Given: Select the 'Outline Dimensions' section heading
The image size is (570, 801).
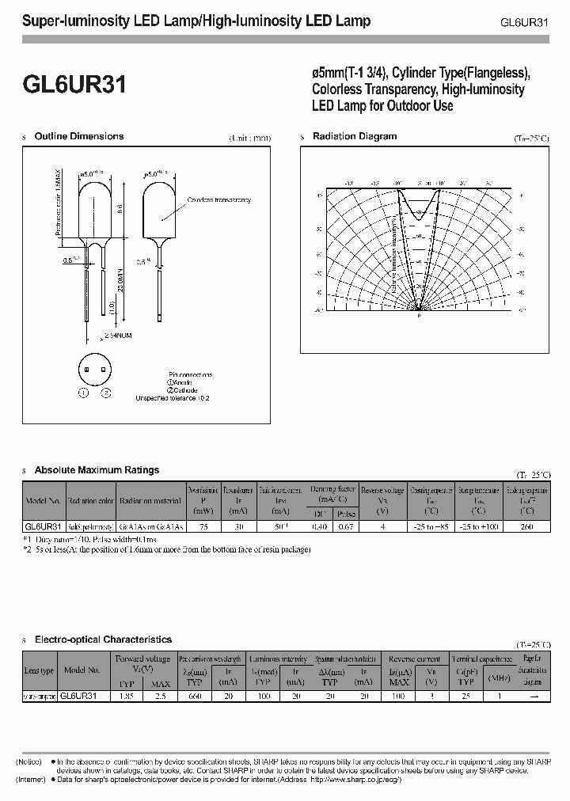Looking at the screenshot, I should (x=79, y=136).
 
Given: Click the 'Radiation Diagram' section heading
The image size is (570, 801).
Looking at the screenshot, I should (x=355, y=136).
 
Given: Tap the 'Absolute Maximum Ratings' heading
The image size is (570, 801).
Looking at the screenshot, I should (x=97, y=470).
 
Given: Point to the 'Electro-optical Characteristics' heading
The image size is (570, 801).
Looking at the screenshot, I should (x=103, y=639).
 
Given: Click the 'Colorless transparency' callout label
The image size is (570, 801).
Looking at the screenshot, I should (x=219, y=200).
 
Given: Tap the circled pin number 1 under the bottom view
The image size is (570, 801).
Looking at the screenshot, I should (x=83, y=393).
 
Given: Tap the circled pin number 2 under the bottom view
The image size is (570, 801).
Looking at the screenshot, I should (x=105, y=393).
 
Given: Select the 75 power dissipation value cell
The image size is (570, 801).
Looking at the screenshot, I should (x=203, y=526).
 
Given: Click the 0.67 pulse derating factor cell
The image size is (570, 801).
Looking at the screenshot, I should (x=345, y=526).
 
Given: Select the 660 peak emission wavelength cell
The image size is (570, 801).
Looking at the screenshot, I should (x=196, y=696).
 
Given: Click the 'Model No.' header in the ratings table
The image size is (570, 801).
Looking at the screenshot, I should (x=43, y=501).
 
